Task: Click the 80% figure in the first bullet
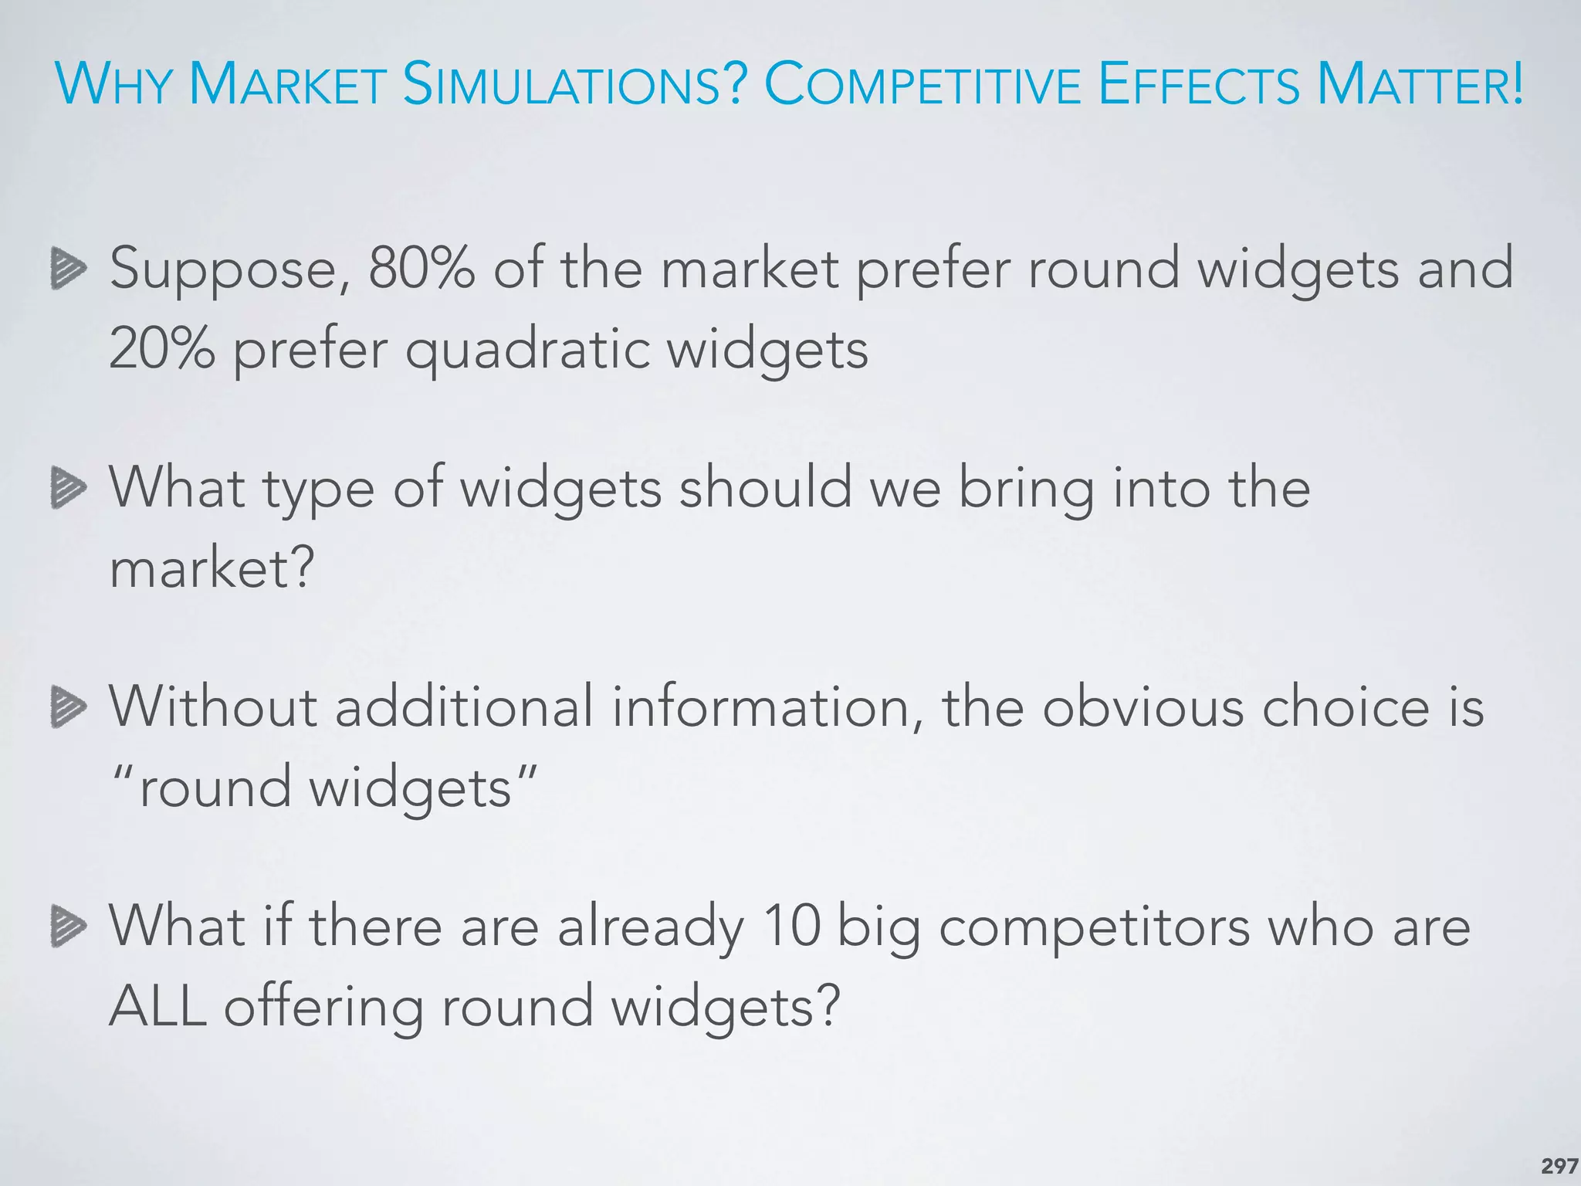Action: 421,268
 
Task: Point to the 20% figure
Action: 162,349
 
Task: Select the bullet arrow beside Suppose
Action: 68,268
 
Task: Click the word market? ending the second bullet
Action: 212,569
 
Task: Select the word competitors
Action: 1094,929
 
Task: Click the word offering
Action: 323,1008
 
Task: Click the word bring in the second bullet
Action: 1026,490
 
